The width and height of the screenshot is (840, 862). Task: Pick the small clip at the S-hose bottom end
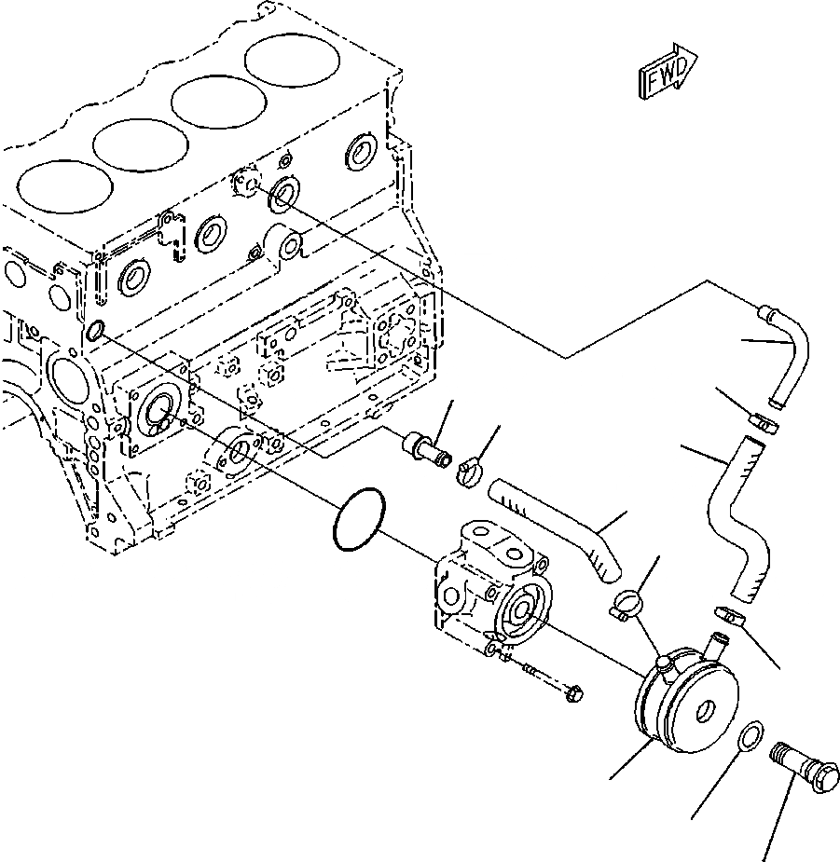click(x=727, y=615)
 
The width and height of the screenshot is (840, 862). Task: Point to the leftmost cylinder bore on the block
click(x=59, y=194)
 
